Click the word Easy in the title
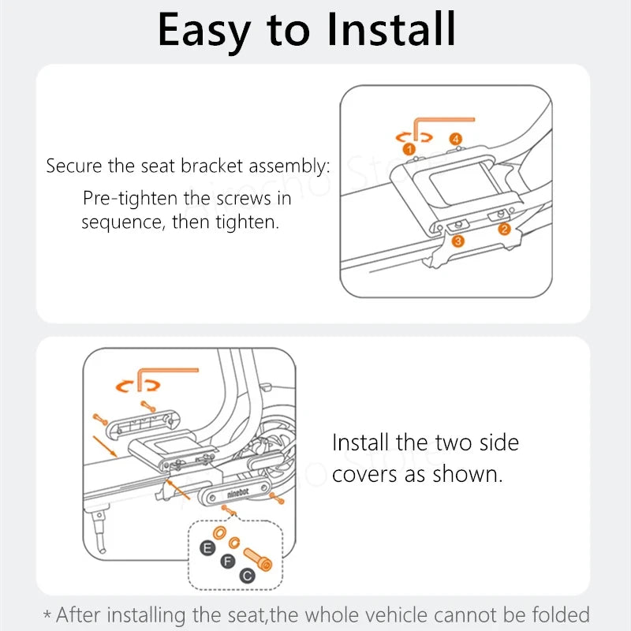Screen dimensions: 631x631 tap(204, 30)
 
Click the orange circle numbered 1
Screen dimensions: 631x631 tap(409, 149)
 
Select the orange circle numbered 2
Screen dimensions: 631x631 tap(504, 229)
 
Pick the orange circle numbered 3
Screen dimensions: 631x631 tap(457, 241)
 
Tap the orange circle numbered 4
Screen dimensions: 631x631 tap(456, 140)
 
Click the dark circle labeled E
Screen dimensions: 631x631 tap(207, 547)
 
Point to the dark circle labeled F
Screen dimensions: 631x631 tap(228, 561)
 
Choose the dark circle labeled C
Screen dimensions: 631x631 tap(247, 576)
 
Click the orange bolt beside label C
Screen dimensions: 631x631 tap(258, 559)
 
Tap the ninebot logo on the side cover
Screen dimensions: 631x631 tap(238, 493)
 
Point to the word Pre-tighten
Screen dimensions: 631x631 tap(130, 199)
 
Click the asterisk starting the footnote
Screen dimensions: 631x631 tap(47, 615)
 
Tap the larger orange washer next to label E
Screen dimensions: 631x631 tap(219, 533)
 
